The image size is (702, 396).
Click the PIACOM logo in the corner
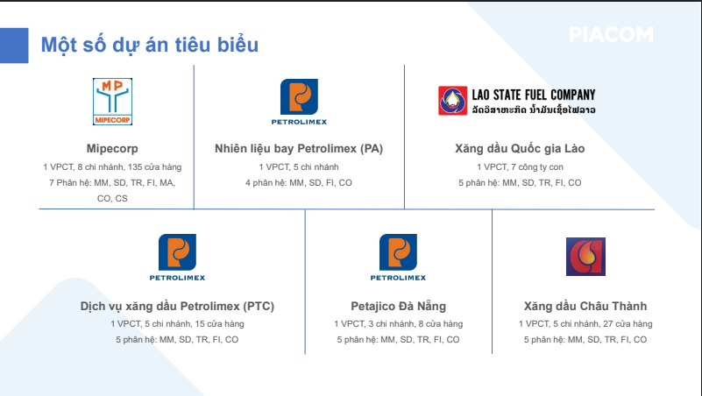(611, 34)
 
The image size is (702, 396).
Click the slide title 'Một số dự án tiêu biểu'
(150, 45)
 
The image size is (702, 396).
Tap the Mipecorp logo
(112, 102)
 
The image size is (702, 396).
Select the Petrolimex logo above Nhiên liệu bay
(299, 102)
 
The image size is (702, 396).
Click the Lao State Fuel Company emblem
(452, 101)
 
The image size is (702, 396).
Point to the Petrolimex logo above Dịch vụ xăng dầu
(177, 258)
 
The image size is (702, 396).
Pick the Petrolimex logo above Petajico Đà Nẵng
(398, 258)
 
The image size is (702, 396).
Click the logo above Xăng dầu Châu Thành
(585, 257)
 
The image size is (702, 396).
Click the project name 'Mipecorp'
(112, 149)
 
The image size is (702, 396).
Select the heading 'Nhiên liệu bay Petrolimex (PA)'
(299, 149)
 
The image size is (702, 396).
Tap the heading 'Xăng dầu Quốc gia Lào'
(520, 149)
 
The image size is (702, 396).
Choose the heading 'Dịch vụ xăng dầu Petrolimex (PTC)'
(177, 306)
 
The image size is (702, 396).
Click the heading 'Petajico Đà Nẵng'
(399, 306)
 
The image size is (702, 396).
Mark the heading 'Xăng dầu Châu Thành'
(585, 306)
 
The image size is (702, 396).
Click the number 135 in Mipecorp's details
(135, 167)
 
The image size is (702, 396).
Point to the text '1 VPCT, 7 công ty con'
(520, 167)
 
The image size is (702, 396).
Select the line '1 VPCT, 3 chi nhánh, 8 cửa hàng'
(399, 324)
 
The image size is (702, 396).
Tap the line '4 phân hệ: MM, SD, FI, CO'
(299, 183)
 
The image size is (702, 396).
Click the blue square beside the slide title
(14, 46)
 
